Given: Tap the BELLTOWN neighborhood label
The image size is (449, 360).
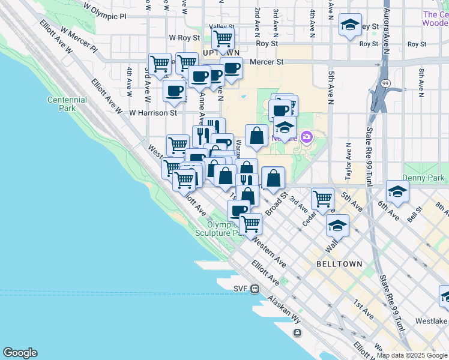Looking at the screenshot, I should click(x=340, y=264).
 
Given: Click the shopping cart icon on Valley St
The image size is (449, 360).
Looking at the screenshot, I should click(x=223, y=38).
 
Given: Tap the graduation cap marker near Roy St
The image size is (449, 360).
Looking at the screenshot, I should click(x=350, y=25).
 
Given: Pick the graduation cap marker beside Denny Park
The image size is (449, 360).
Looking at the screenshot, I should click(x=397, y=191).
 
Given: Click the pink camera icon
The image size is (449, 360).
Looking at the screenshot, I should click(x=307, y=137).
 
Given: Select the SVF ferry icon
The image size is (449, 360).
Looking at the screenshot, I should click(x=255, y=289).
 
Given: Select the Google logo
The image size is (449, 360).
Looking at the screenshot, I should click(x=20, y=353).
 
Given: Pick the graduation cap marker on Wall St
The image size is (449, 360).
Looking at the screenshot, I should click(x=338, y=225).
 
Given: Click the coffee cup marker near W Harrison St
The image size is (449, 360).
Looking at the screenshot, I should click(x=174, y=91).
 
